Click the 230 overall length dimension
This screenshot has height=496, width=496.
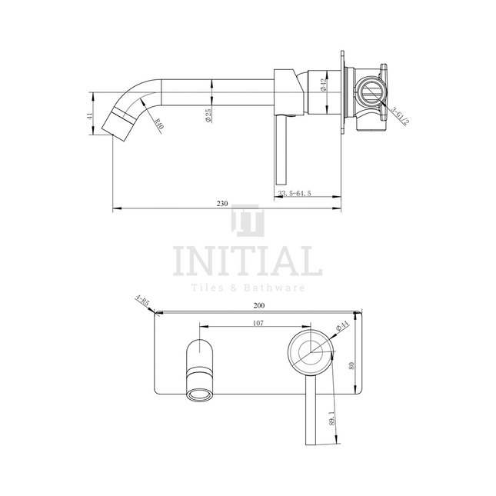(221, 204)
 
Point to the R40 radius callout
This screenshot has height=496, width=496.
(158, 123)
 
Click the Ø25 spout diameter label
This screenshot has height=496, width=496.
(209, 116)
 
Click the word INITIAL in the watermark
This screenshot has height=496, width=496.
(248, 261)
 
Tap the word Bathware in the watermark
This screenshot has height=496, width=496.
(279, 288)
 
